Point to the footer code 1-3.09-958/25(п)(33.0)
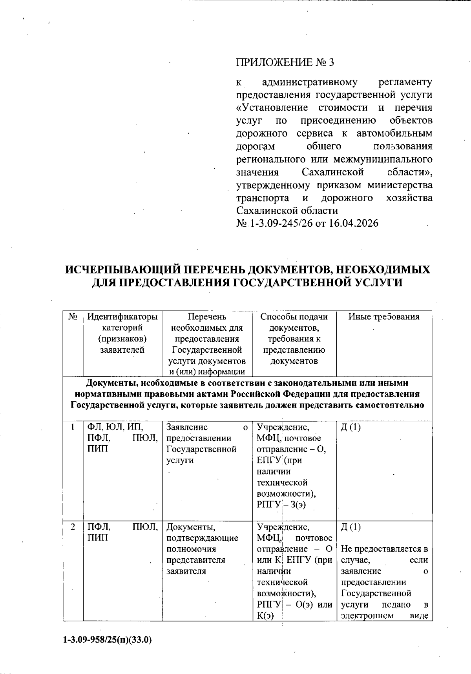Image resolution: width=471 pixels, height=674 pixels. (x=107, y=640)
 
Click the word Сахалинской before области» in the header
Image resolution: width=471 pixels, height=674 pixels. (x=333, y=172)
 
